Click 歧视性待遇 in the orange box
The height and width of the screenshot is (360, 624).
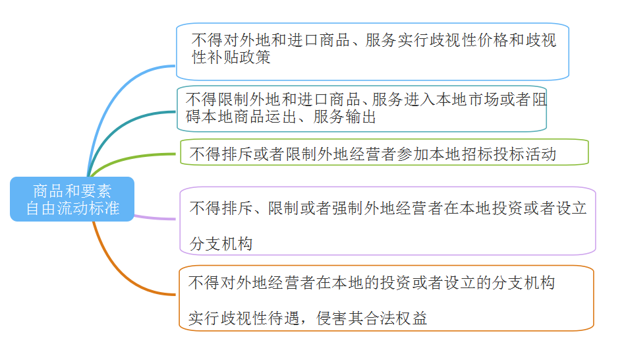tap(252, 318)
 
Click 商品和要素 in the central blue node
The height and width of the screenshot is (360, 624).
tap(72, 192)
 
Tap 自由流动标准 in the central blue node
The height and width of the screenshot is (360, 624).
tap(72, 208)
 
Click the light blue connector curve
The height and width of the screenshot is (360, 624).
tap(112, 99)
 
